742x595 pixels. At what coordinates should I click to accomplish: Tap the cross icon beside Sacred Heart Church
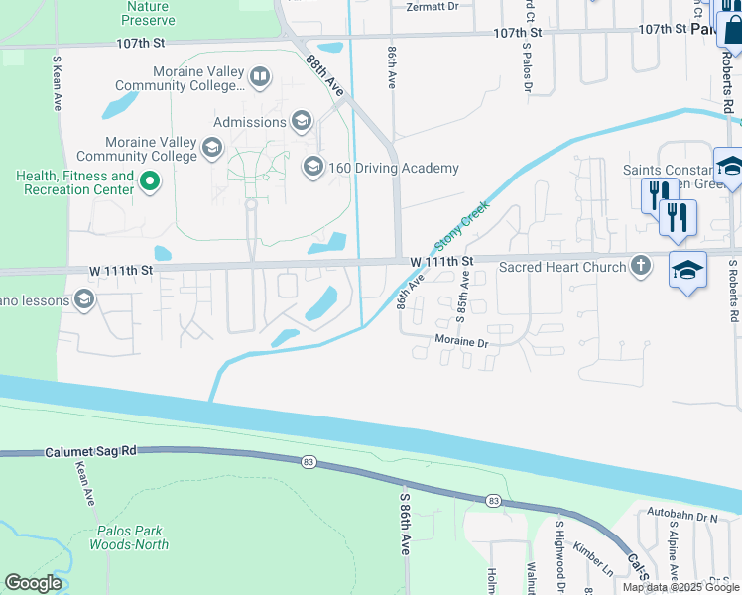tap(641, 266)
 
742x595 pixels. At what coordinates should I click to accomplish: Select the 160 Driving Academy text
tap(394, 168)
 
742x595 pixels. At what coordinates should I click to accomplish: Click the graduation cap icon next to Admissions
tap(302, 122)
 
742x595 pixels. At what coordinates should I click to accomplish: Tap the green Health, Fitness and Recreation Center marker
tap(150, 181)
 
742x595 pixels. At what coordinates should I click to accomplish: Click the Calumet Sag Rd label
tap(89, 451)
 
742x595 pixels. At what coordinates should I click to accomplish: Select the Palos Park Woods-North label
tap(129, 537)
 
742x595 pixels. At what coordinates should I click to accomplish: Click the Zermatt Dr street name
tap(433, 6)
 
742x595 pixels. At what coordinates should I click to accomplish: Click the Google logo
tap(33, 583)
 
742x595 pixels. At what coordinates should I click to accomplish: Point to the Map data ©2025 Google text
tap(680, 587)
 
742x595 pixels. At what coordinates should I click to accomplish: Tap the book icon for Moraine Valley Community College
tap(258, 76)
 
